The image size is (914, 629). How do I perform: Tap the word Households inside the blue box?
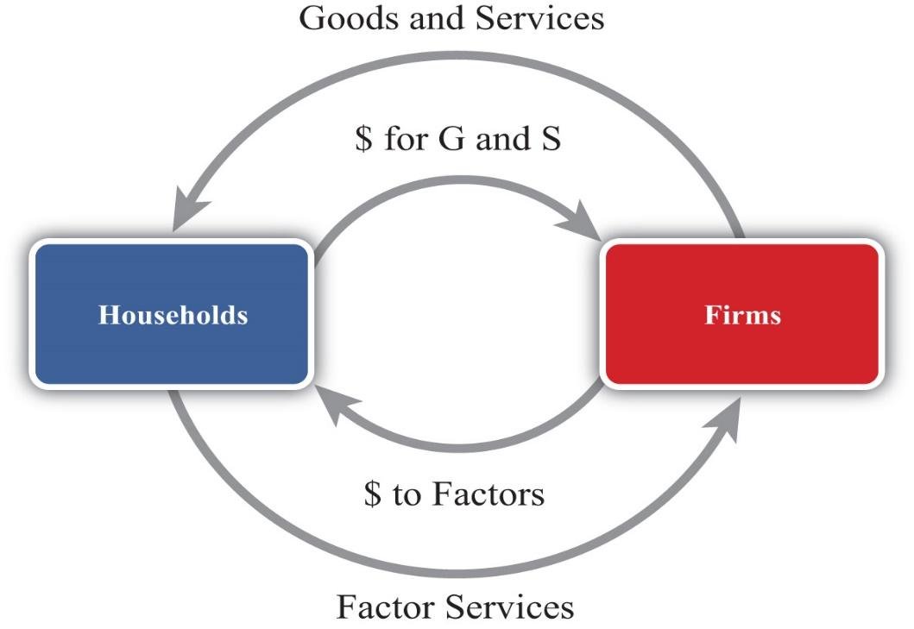[173, 314]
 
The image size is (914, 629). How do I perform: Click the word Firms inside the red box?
[742, 314]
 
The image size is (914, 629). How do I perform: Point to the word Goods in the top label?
[340, 17]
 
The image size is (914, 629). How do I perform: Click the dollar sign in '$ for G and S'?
[363, 138]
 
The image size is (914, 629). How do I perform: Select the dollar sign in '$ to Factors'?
[372, 494]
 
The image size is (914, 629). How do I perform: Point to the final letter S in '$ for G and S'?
[550, 138]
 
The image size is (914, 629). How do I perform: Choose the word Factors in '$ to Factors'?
[488, 494]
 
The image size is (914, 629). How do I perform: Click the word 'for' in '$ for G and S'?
[407, 138]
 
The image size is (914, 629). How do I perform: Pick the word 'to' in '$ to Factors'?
[406, 495]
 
